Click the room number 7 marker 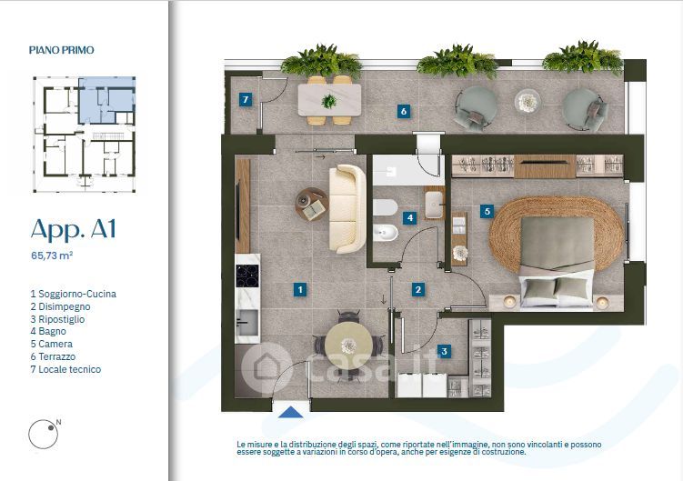[x=246, y=100]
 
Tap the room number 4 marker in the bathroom [x=409, y=217]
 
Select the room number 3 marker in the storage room [x=444, y=351]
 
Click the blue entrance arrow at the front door [x=290, y=412]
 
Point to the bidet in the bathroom [x=386, y=233]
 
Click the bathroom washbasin [x=435, y=204]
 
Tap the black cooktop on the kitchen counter [x=247, y=276]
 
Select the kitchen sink [x=247, y=323]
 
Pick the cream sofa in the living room [x=347, y=209]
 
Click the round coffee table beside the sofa [x=312, y=204]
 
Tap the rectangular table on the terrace [x=329, y=100]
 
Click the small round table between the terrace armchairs [x=527, y=102]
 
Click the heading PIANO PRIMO [x=62, y=50]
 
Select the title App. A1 [x=73, y=229]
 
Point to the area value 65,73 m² [x=52, y=256]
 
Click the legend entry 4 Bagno [x=48, y=332]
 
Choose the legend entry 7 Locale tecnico [x=65, y=369]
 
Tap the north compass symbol [x=44, y=434]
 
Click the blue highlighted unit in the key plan [x=106, y=100]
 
